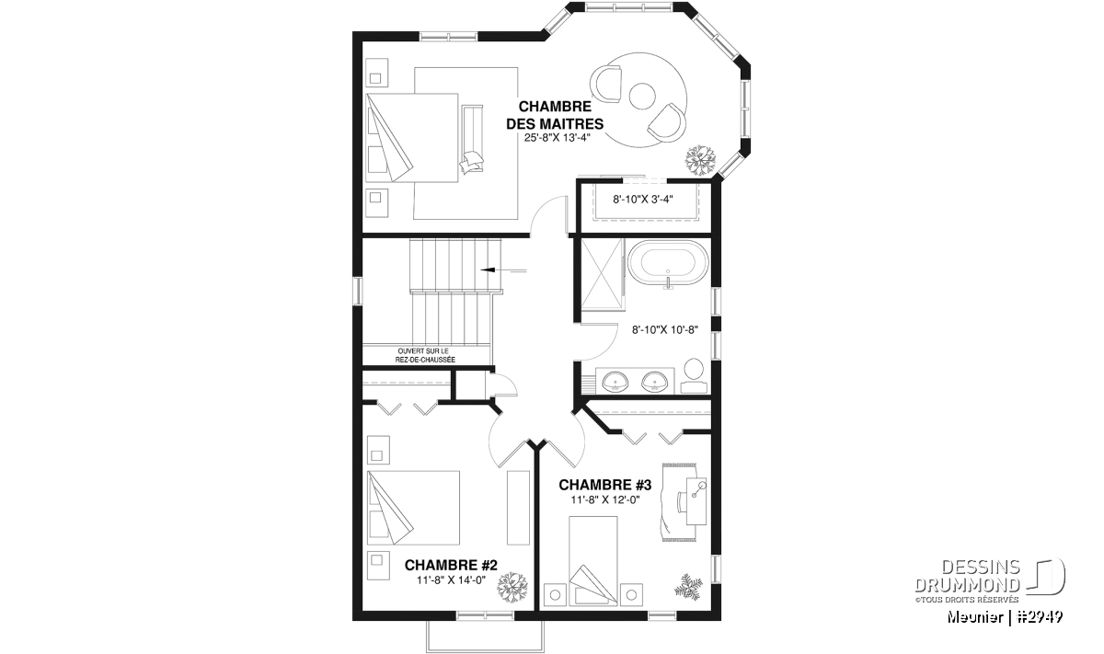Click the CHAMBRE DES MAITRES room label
pyautogui.click(x=555, y=115)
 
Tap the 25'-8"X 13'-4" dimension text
pyautogui.click(x=557, y=138)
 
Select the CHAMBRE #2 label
pyautogui.click(x=451, y=565)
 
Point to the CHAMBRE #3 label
pyautogui.click(x=604, y=485)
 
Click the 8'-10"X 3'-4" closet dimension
pyautogui.click(x=643, y=200)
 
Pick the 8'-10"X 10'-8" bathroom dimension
pyautogui.click(x=665, y=329)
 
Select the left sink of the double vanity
pyautogui.click(x=615, y=382)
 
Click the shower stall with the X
pyautogui.click(x=603, y=274)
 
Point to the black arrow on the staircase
pyautogui.click(x=503, y=270)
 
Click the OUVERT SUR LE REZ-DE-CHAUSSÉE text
pyautogui.click(x=425, y=355)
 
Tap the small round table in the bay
pyautogui.click(x=642, y=96)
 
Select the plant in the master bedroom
pyautogui.click(x=700, y=160)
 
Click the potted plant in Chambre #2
pyautogui.click(x=512, y=587)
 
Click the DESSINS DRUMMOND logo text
pyautogui.click(x=968, y=576)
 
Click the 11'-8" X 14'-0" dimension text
pyautogui.click(x=451, y=580)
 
